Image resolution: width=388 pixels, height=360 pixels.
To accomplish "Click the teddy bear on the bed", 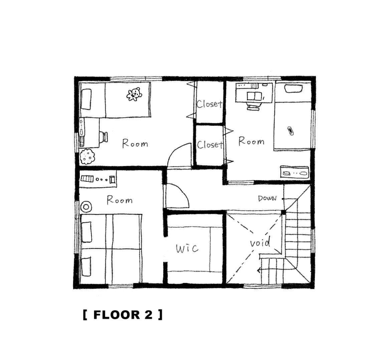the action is pyautogui.click(x=134, y=94).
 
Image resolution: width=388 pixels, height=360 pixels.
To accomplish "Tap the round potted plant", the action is pyautogui.click(x=87, y=156).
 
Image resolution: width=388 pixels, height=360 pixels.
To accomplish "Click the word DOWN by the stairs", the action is pyautogui.click(x=267, y=198).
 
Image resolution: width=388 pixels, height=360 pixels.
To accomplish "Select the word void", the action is pyautogui.click(x=260, y=243).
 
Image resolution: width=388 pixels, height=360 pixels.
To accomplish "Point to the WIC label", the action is pyautogui.click(x=187, y=248).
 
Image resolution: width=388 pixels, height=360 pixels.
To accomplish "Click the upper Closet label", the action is pyautogui.click(x=209, y=104).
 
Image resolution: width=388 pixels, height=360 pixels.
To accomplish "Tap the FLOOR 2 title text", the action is pyautogui.click(x=123, y=315).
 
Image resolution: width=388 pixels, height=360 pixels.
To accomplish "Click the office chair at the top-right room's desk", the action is pyautogui.click(x=252, y=106).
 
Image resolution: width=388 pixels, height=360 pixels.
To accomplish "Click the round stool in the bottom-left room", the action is pyautogui.click(x=86, y=207).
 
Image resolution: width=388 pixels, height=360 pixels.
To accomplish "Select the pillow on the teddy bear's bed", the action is pyautogui.click(x=86, y=99).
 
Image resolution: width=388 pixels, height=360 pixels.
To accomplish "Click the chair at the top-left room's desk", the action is pyautogui.click(x=104, y=137).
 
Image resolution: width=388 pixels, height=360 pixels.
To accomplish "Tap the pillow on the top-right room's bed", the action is pyautogui.click(x=294, y=89).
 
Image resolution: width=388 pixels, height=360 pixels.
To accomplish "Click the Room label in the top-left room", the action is pyautogui.click(x=135, y=143).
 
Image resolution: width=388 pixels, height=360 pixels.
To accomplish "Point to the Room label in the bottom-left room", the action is pyautogui.click(x=120, y=200).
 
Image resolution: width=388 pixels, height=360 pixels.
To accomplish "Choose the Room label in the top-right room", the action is pyautogui.click(x=251, y=141).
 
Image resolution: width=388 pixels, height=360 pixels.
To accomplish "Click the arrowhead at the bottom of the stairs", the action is pyautogui.click(x=259, y=270).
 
